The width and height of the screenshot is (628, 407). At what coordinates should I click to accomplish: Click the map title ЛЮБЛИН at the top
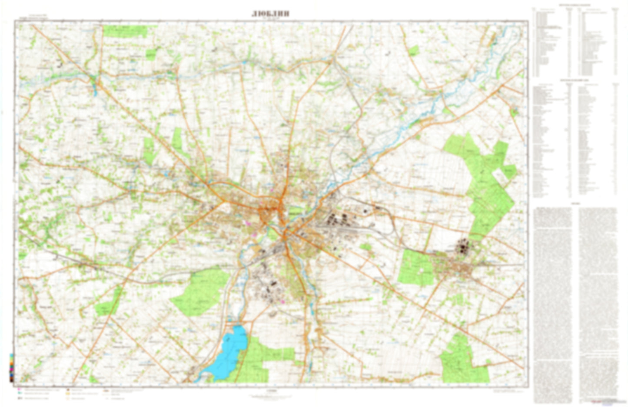[270, 13]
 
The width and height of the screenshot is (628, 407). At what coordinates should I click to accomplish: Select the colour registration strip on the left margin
[11, 367]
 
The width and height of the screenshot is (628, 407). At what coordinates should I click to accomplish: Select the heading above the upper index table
[575, 5]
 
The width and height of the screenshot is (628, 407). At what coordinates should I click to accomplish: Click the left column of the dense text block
[552, 300]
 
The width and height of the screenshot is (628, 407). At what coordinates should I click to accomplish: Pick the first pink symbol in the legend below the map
[20, 390]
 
